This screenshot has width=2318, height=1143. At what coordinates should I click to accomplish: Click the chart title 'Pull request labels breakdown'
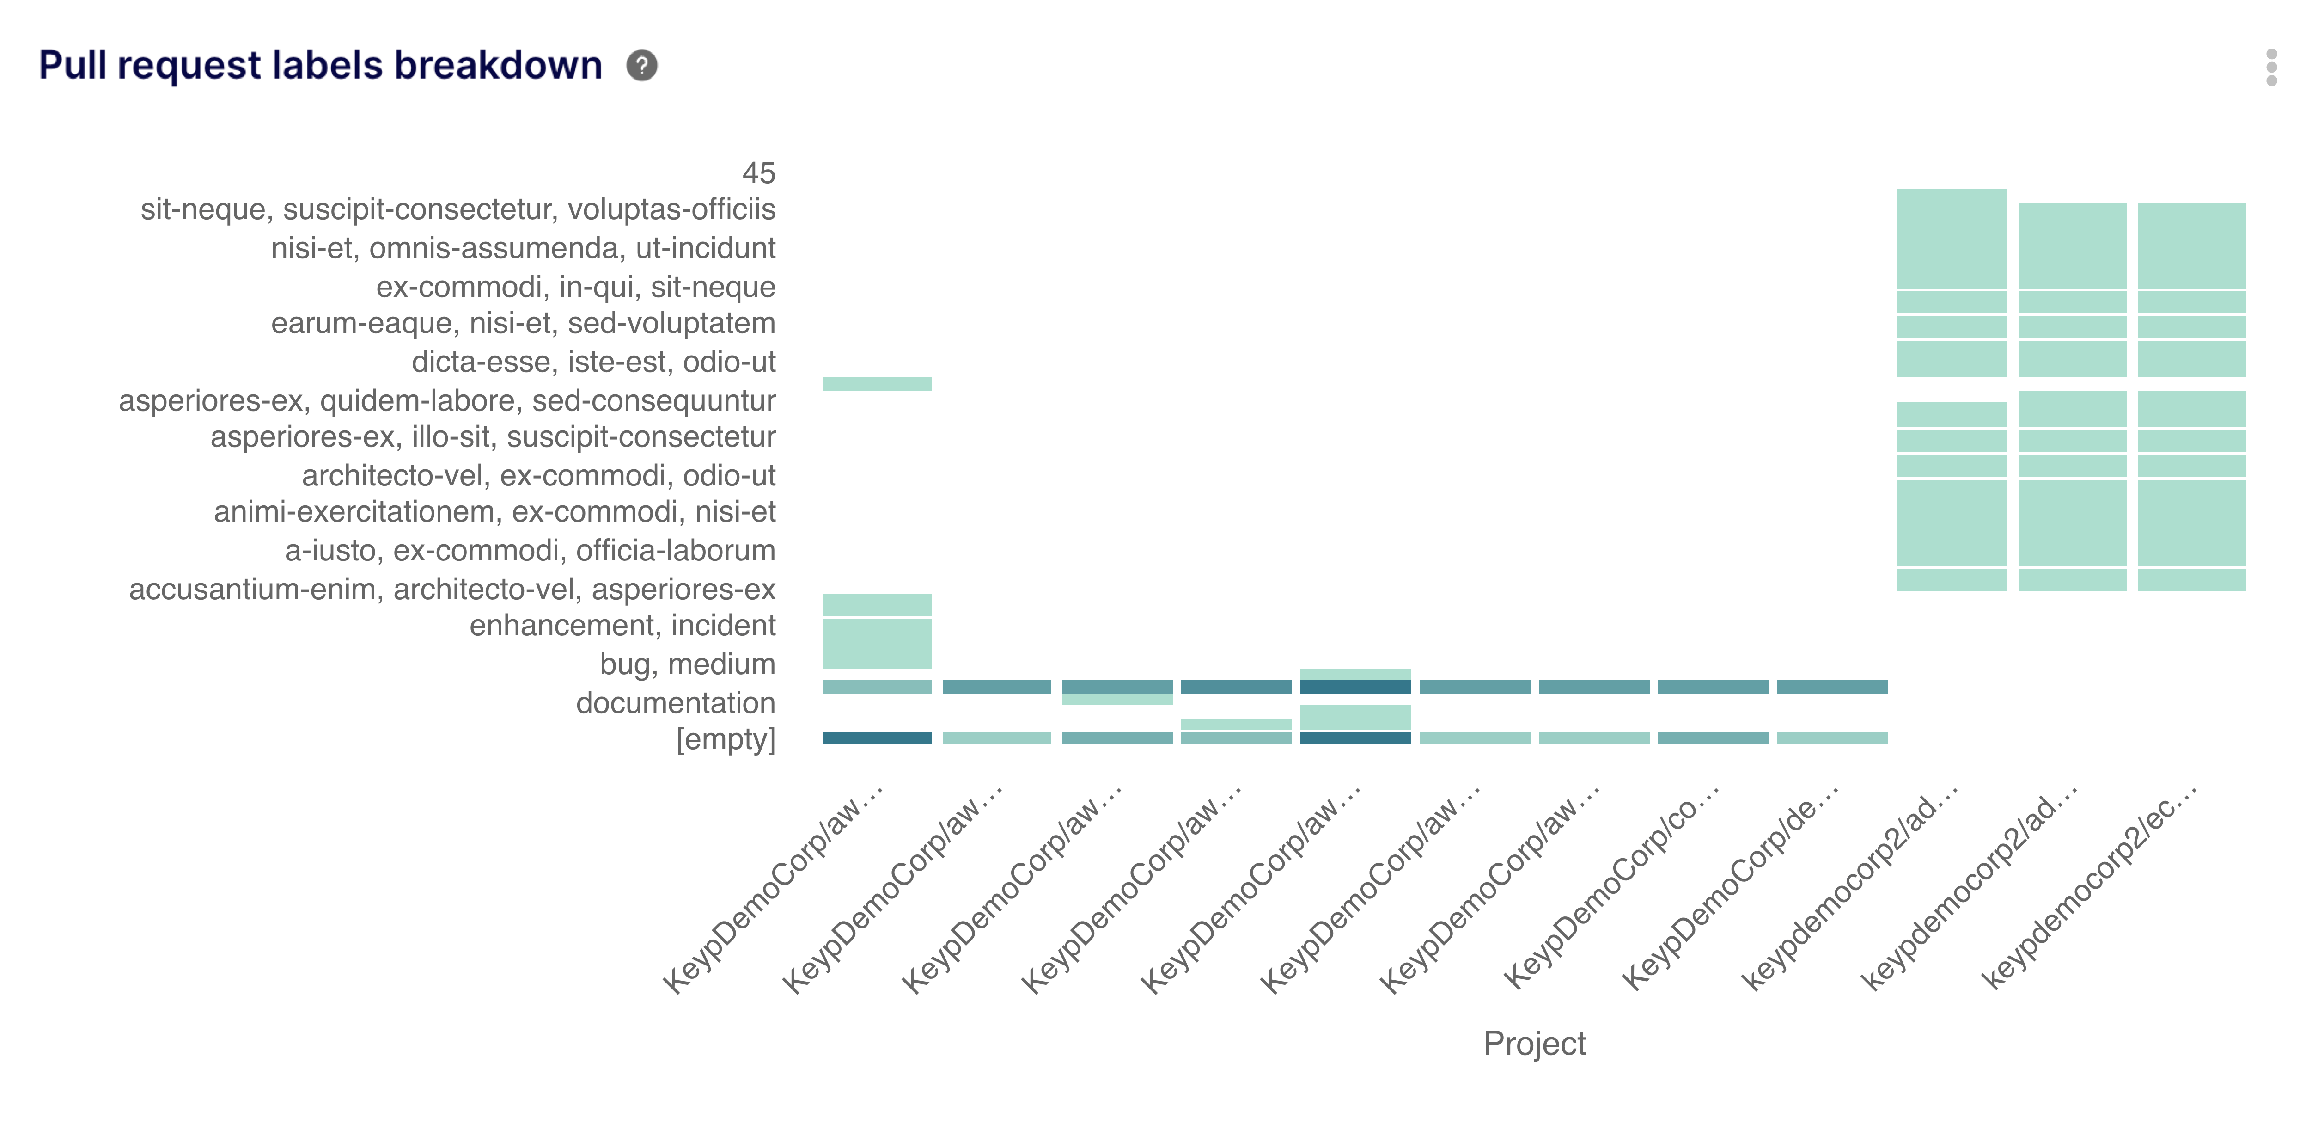tap(320, 66)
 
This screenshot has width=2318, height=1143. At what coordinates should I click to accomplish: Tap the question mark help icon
tap(641, 66)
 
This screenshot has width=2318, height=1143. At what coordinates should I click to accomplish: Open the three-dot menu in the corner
tap(2271, 68)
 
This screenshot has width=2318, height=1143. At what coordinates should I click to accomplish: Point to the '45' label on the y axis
tap(758, 173)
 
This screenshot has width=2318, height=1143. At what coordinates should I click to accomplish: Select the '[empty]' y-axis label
tap(725, 739)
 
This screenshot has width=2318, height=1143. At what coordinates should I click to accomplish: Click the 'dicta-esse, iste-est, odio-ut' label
tap(593, 362)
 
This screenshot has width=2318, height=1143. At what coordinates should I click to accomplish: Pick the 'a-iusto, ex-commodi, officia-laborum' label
tap(530, 550)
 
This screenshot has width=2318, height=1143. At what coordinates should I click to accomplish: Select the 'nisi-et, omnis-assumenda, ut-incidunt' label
tap(523, 247)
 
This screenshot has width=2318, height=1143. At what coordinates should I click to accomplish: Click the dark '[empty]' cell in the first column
tap(878, 738)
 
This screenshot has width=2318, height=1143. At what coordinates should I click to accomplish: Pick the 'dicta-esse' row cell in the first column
tap(878, 384)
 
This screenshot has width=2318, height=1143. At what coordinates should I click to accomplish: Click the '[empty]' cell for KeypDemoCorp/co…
tap(1713, 738)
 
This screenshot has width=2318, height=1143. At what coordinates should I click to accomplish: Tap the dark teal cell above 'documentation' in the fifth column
tap(1355, 687)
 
